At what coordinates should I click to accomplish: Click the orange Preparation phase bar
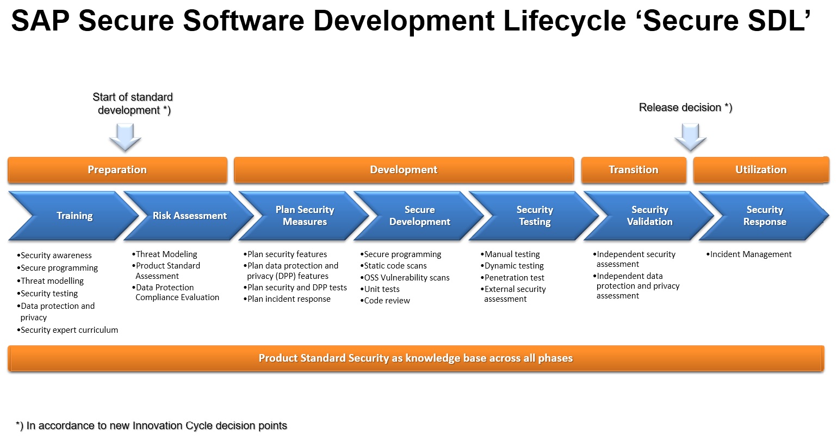click(117, 170)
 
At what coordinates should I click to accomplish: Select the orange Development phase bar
click(404, 170)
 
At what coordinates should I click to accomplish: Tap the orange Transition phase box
click(634, 170)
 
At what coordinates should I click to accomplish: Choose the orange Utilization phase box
click(761, 170)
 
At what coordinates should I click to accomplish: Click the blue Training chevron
click(74, 216)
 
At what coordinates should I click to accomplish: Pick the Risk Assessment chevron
click(189, 216)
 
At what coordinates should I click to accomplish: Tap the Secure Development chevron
click(419, 216)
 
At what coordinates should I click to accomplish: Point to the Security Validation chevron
click(649, 216)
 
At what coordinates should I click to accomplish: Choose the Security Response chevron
click(765, 216)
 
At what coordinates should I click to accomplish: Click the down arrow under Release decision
click(690, 137)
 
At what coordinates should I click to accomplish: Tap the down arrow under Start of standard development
click(125, 137)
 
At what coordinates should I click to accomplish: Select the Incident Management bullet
click(749, 254)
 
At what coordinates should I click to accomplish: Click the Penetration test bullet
click(512, 278)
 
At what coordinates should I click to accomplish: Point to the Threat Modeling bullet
click(164, 254)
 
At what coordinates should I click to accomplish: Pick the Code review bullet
click(385, 301)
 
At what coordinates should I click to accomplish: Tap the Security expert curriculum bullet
click(67, 330)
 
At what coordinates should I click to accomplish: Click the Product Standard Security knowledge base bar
click(416, 358)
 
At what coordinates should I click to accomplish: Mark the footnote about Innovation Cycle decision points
click(151, 426)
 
